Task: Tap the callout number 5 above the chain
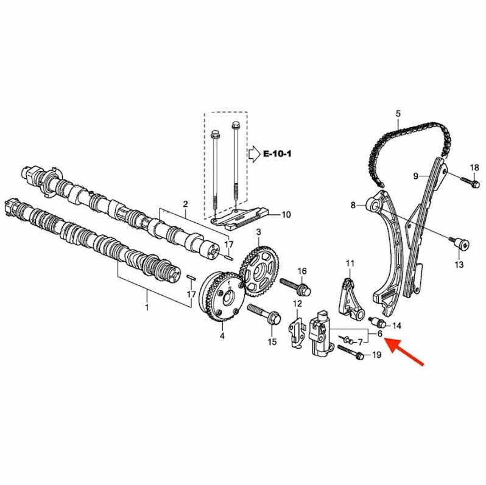pyautogui.click(x=398, y=114)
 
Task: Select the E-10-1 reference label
pyautogui.click(x=278, y=155)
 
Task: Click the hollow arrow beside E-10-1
pyautogui.click(x=254, y=155)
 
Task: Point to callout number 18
pyautogui.click(x=474, y=168)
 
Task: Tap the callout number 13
pyautogui.click(x=459, y=264)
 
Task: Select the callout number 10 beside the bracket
pyautogui.click(x=286, y=214)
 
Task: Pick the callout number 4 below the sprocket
pyautogui.click(x=222, y=335)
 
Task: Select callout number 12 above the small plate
pyautogui.click(x=298, y=303)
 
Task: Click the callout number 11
pyautogui.click(x=350, y=263)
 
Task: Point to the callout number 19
pyautogui.click(x=376, y=355)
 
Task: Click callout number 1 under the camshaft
pyautogui.click(x=147, y=309)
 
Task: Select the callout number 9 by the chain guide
pyautogui.click(x=416, y=176)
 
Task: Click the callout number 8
pyautogui.click(x=353, y=206)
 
